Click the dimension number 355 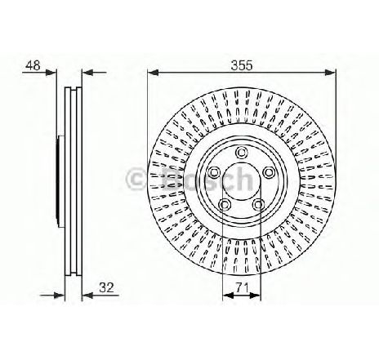[x=242, y=65]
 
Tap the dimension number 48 [x=33, y=65]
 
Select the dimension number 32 [x=106, y=287]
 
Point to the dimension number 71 [x=242, y=287]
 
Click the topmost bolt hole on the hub [x=241, y=153]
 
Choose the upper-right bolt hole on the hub [x=269, y=172]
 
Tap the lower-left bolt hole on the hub [x=224, y=204]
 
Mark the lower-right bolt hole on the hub [x=258, y=204]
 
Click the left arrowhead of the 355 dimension [x=153, y=73]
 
